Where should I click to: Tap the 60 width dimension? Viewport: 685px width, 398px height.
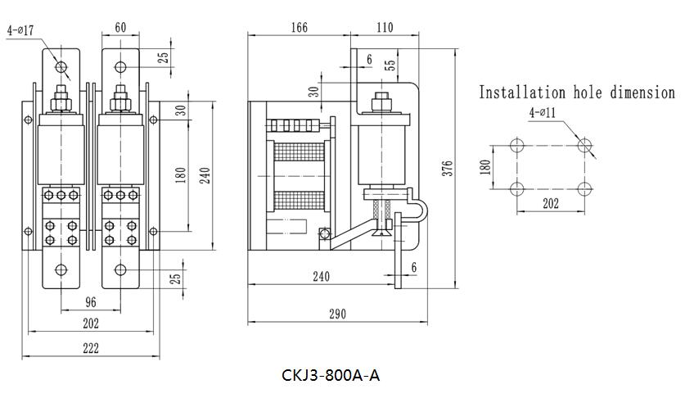pos(121,28)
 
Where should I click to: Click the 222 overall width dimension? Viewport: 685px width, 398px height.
pos(91,348)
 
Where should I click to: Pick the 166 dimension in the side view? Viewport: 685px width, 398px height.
pos(300,28)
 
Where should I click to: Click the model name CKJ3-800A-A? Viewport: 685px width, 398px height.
pos(331,376)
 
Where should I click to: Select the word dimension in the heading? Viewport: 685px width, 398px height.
pos(642,93)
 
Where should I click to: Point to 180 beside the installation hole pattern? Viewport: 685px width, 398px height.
pos(484,167)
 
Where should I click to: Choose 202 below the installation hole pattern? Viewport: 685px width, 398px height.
pos(550,204)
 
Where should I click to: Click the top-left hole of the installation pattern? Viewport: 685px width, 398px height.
pos(516,146)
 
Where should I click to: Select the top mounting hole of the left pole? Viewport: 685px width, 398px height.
pos(61,66)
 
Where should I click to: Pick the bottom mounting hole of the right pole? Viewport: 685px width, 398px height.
pos(121,269)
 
